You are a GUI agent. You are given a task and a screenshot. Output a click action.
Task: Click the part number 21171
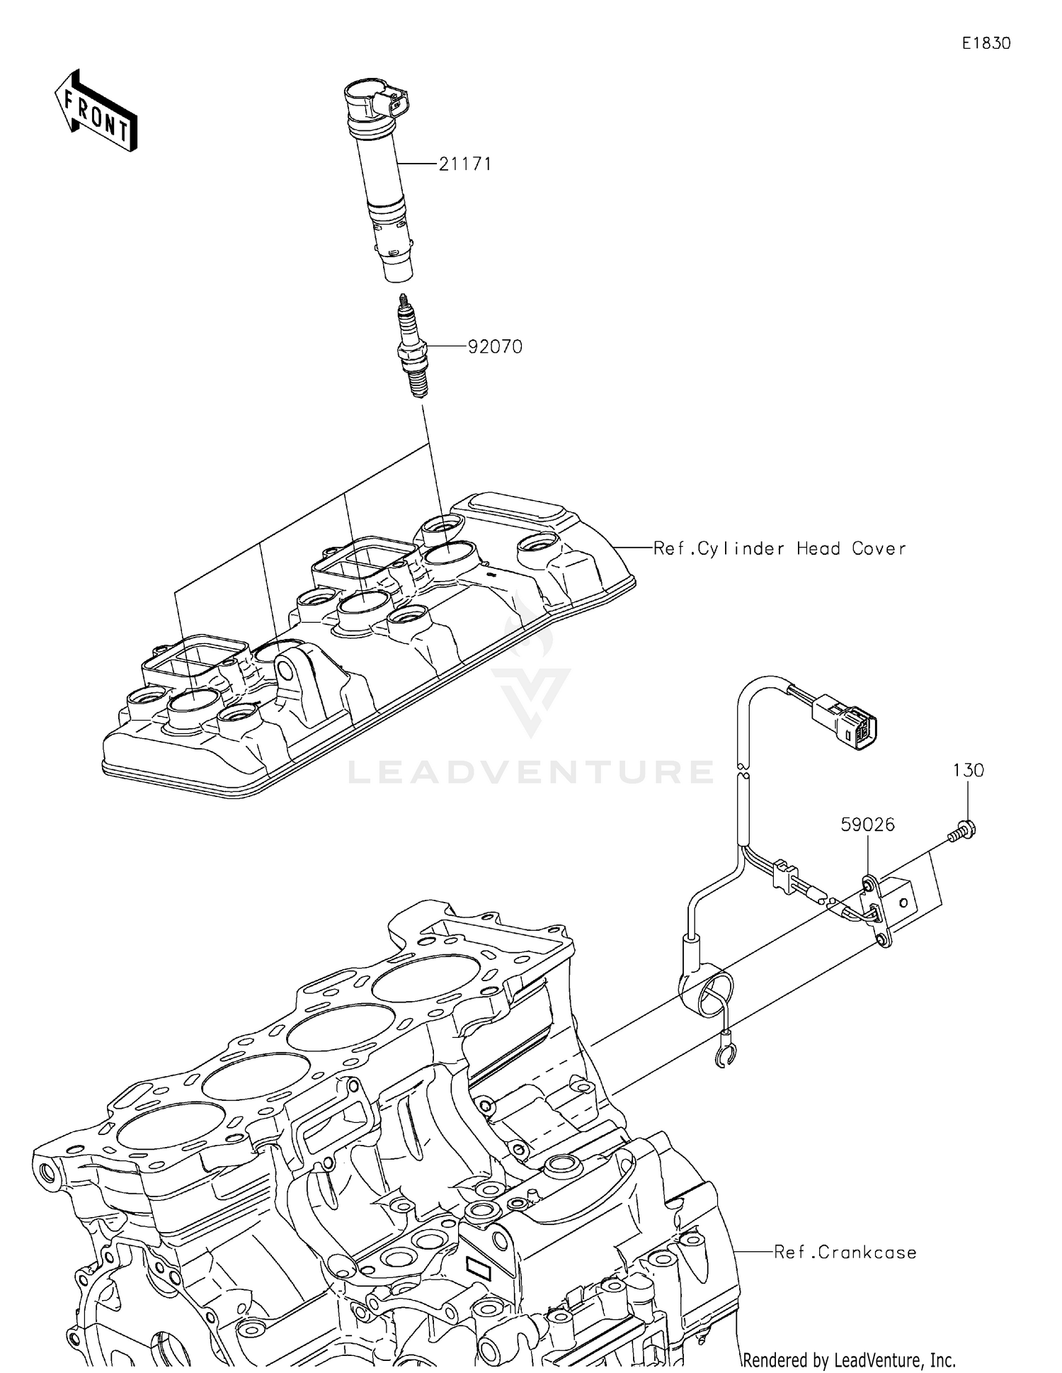(x=464, y=164)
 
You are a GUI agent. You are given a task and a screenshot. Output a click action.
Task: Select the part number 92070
(x=495, y=347)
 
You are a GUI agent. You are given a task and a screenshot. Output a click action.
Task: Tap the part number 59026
(x=867, y=825)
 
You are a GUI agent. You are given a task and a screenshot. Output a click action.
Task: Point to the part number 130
(x=967, y=770)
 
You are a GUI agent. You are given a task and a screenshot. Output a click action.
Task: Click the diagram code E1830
(x=986, y=43)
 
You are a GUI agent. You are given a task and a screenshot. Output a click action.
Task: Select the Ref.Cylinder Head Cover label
(x=779, y=548)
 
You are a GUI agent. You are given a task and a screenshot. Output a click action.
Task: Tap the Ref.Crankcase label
(x=845, y=1253)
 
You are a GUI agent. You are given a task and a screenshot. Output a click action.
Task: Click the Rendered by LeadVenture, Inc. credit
(x=849, y=1360)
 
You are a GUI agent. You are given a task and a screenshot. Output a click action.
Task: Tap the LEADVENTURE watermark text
(x=531, y=772)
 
